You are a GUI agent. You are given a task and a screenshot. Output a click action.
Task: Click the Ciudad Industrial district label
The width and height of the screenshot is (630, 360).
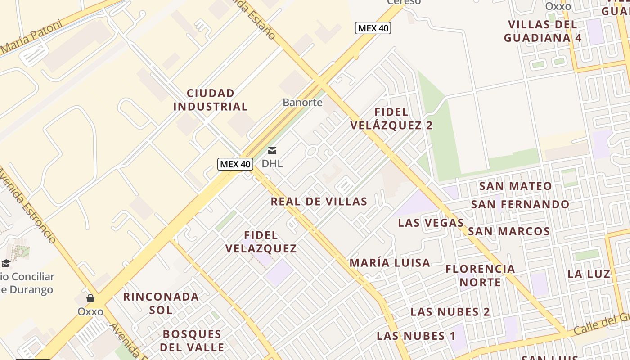(211, 100)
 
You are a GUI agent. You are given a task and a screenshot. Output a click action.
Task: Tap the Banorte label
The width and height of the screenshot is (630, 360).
(302, 102)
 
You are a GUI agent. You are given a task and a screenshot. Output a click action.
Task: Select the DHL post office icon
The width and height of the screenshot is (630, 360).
(272, 151)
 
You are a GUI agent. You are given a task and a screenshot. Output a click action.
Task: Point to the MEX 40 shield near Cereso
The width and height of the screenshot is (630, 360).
(373, 28)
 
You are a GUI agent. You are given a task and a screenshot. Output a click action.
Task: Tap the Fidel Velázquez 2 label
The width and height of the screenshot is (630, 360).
(391, 119)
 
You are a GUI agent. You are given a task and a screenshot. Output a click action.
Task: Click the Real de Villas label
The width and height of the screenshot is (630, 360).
(319, 201)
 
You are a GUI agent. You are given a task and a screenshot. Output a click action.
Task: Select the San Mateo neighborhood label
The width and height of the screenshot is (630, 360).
(515, 186)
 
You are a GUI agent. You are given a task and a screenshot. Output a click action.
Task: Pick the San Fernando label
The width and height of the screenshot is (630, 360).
(520, 204)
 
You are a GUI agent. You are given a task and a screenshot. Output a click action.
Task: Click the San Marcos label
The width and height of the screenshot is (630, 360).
(509, 231)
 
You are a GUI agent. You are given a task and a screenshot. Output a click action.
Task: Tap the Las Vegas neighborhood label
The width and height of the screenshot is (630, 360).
(431, 222)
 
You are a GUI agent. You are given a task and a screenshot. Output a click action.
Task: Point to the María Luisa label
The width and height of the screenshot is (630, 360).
(390, 262)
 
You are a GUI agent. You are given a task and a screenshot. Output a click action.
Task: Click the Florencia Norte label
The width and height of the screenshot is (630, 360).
(480, 275)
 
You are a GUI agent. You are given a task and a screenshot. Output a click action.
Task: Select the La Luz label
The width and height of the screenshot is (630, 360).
(589, 274)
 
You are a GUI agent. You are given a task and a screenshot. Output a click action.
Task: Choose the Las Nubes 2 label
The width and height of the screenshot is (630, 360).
(450, 311)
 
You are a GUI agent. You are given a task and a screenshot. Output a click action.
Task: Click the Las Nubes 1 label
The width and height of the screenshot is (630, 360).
(416, 335)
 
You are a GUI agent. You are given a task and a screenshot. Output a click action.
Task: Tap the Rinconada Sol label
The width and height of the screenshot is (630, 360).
(161, 303)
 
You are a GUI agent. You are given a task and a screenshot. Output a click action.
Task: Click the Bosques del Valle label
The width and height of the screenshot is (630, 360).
(192, 341)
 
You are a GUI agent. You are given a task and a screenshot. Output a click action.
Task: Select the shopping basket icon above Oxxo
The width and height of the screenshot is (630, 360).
(90, 298)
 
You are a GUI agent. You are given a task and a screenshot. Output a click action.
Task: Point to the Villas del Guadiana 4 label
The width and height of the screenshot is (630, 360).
(543, 31)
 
